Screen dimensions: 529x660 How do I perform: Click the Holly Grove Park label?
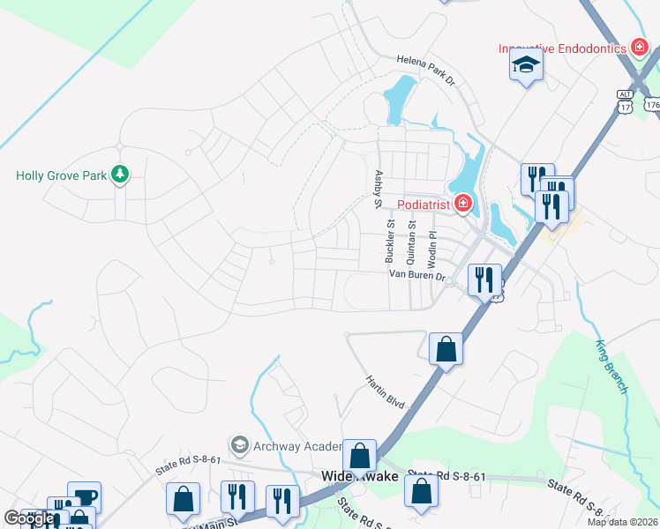click(x=61, y=175)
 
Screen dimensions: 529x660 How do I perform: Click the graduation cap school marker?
click(x=526, y=66)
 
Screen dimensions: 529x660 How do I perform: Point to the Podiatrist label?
click(x=424, y=205)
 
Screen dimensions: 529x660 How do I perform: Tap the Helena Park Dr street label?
click(x=424, y=70)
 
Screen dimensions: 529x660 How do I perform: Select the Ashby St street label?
click(x=378, y=189)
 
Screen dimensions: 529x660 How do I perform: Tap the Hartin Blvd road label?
click(x=386, y=391)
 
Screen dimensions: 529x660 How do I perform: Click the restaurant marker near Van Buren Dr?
click(x=484, y=280)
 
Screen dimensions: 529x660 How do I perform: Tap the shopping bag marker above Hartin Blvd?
click(x=446, y=347)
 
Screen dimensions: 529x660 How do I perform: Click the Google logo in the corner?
click(x=28, y=518)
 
